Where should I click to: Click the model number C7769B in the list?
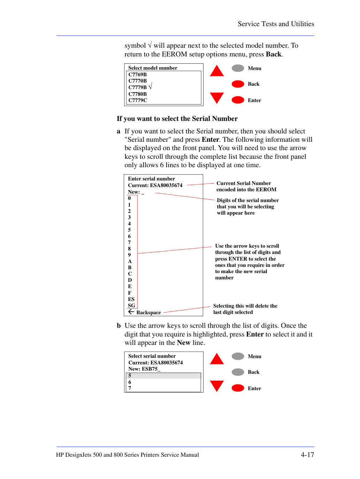pyautogui.click(x=137, y=75)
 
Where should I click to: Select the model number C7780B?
pyautogui.click(x=137, y=94)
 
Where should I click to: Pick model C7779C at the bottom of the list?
pyautogui.click(x=138, y=100)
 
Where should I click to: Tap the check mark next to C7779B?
pyautogui.click(x=150, y=86)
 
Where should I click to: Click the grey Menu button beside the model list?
pyautogui.click(x=238, y=68)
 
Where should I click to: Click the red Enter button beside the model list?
pyautogui.click(x=238, y=100)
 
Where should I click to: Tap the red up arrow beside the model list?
pyautogui.click(x=216, y=71)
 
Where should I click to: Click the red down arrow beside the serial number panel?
pyautogui.click(x=216, y=386)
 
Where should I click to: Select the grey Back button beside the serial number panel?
pyautogui.click(x=238, y=372)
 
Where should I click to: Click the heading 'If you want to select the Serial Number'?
pyautogui.click(x=177, y=118)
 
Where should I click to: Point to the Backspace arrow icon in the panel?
pyautogui.click(x=131, y=312)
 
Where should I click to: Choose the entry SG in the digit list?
pyautogui.click(x=131, y=305)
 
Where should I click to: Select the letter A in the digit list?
pyautogui.click(x=130, y=261)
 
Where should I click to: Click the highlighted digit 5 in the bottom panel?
pyautogui.click(x=130, y=375)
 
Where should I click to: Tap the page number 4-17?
pyautogui.click(x=307, y=455)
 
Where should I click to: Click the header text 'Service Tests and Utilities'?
pyautogui.click(x=276, y=24)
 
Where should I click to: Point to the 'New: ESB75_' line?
pyautogui.click(x=144, y=369)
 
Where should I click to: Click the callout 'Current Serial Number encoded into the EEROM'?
pyautogui.click(x=246, y=186)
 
